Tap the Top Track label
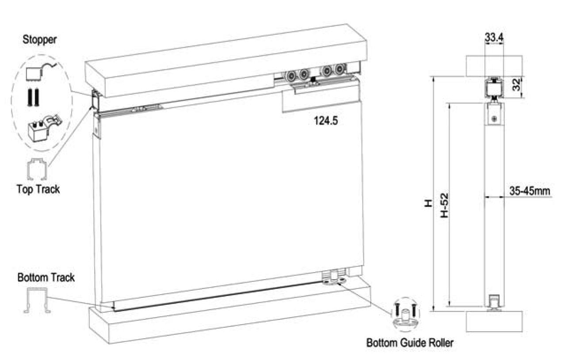(x=38, y=189)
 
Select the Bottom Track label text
(x=46, y=278)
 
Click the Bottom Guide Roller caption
(x=409, y=342)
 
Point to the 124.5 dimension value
(x=326, y=120)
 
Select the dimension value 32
(x=516, y=87)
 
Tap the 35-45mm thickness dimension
(x=529, y=191)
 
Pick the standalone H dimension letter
(x=427, y=204)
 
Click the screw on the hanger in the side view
(x=495, y=119)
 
